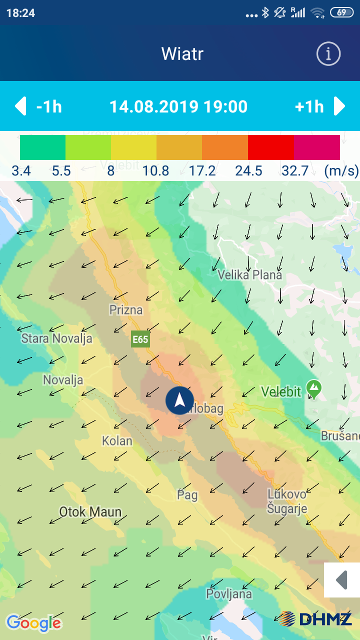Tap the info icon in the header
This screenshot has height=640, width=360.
click(328, 53)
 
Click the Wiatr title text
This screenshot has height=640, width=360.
click(182, 53)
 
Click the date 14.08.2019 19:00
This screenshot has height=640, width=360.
click(178, 106)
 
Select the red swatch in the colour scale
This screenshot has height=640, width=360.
click(270, 147)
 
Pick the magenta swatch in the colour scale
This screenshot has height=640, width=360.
click(316, 147)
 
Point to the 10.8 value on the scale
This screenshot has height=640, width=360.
click(155, 171)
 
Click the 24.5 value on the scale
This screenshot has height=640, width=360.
click(248, 171)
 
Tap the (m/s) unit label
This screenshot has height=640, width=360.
click(341, 171)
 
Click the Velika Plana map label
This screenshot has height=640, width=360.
click(249, 275)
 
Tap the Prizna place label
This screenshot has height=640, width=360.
click(126, 310)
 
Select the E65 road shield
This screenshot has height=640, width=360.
click(140, 339)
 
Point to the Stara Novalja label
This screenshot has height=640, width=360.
click(56, 338)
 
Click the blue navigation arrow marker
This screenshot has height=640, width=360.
click(180, 400)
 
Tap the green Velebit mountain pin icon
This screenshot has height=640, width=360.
click(314, 387)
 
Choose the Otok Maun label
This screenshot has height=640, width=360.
click(90, 512)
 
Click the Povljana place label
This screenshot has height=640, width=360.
click(229, 594)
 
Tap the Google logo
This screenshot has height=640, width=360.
click(33, 622)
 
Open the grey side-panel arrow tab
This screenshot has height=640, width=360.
click(342, 580)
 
